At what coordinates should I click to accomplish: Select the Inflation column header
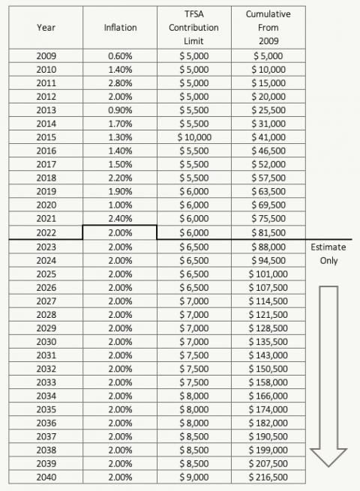[x=120, y=27]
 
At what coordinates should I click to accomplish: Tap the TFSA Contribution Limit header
[x=194, y=27]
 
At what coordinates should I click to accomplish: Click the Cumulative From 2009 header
[x=267, y=27]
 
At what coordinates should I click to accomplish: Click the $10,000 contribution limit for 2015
[x=194, y=137]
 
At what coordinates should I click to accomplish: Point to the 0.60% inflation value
[x=120, y=56]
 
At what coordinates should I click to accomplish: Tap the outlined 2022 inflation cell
[x=120, y=232]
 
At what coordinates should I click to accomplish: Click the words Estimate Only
[x=328, y=253]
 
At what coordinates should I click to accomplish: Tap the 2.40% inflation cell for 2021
[x=120, y=219]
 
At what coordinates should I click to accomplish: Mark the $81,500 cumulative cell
[x=267, y=232]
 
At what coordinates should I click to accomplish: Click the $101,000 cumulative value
[x=267, y=273]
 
